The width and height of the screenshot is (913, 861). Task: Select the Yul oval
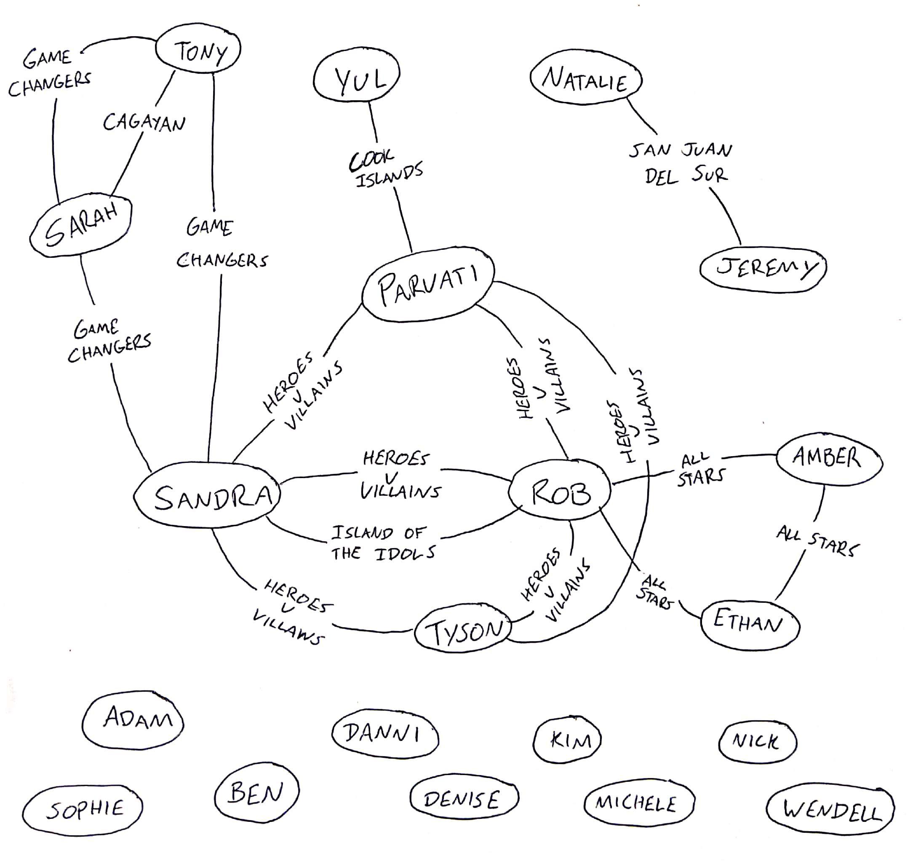coord(357,80)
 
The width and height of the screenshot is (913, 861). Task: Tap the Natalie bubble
coord(585,80)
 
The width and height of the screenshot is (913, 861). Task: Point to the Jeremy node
coord(763,269)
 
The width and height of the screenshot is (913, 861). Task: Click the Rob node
coord(560,492)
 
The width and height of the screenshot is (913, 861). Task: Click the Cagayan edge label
coord(144,122)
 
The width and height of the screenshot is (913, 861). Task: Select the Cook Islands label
coord(385,169)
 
